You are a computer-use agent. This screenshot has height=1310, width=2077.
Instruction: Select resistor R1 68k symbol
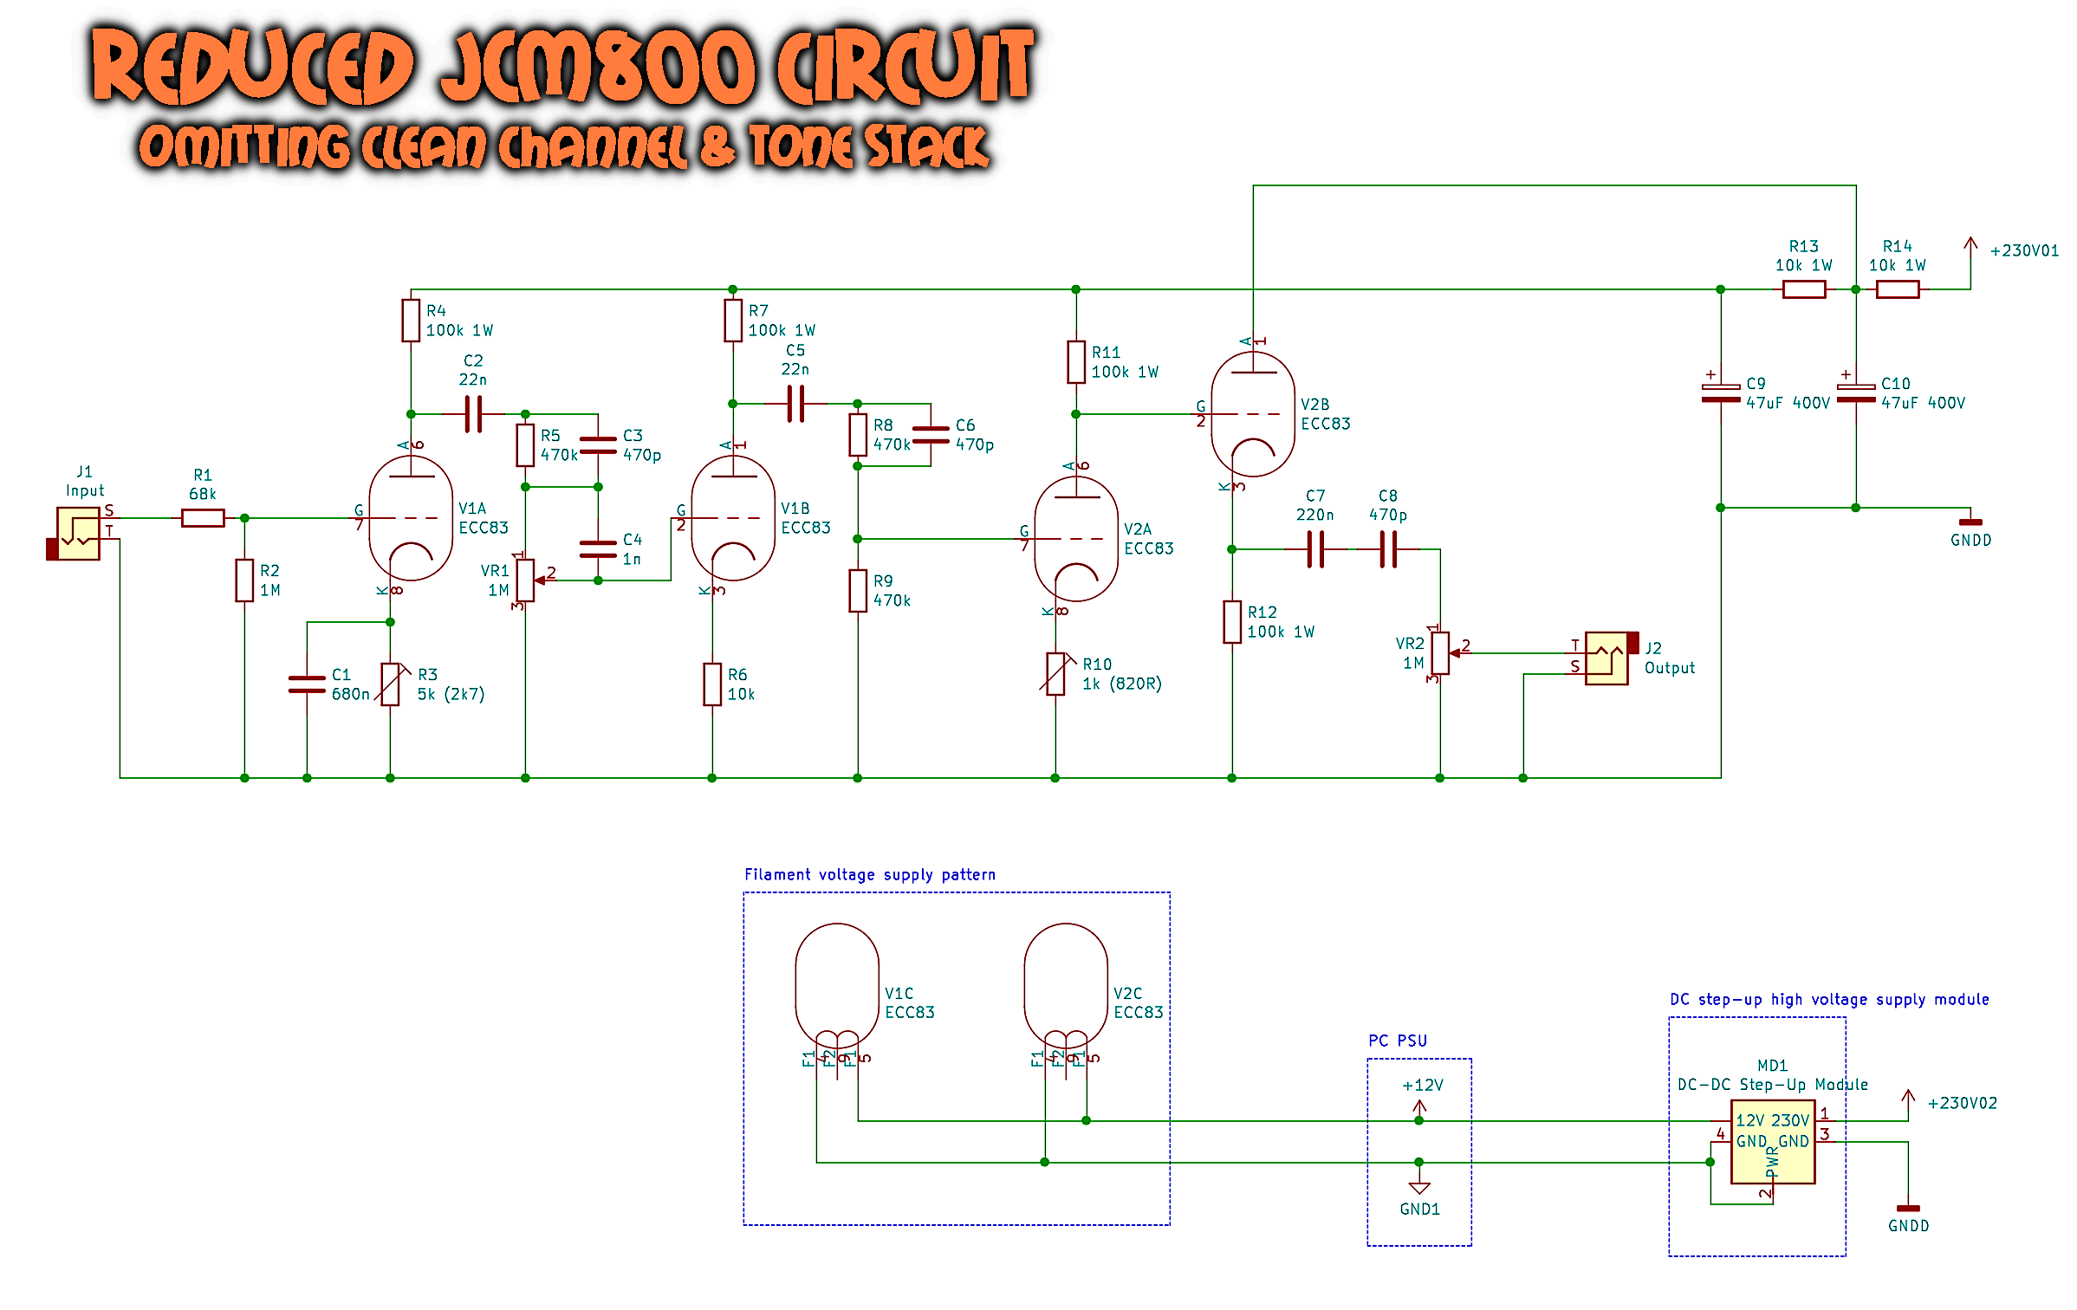click(203, 518)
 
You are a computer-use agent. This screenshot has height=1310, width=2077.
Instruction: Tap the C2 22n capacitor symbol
click(473, 414)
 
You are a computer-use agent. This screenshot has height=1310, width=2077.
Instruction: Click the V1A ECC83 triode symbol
click(411, 518)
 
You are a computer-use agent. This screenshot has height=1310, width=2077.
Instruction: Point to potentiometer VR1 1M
click(525, 580)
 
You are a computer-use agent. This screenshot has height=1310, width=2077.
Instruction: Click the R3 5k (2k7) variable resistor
click(391, 684)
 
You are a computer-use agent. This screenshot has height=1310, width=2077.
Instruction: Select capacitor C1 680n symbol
click(307, 684)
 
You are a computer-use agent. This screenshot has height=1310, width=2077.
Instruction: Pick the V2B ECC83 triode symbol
click(1252, 414)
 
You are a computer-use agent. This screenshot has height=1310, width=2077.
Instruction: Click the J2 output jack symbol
click(1608, 658)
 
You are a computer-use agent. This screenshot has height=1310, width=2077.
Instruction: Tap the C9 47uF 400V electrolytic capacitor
click(1721, 393)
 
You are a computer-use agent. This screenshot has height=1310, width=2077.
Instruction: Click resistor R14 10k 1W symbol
click(1898, 289)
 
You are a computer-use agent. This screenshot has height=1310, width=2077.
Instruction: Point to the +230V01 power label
click(2023, 250)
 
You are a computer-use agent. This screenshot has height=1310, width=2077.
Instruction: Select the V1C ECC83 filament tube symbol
click(837, 986)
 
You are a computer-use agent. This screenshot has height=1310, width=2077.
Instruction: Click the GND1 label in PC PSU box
click(1419, 1209)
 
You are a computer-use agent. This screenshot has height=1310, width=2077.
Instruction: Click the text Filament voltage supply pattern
click(870, 874)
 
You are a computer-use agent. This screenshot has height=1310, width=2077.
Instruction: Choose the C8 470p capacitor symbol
click(1388, 549)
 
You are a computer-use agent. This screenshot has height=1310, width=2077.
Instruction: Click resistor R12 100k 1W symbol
click(1232, 622)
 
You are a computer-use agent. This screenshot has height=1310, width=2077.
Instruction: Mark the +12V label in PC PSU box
click(1422, 1085)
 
